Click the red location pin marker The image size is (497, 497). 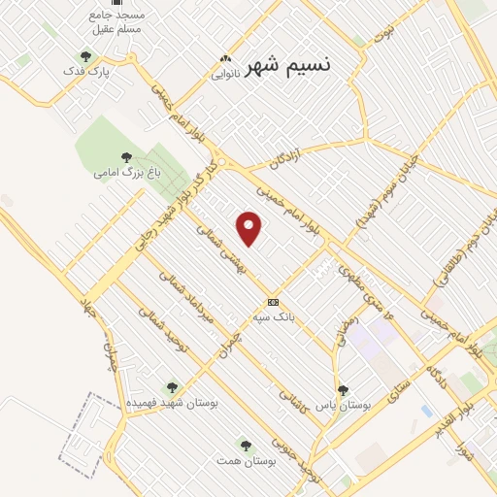[250, 229]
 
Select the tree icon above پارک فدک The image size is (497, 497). [85, 56]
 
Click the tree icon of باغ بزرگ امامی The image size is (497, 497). [125, 155]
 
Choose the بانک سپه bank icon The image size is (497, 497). [273, 301]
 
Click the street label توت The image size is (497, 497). [390, 39]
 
